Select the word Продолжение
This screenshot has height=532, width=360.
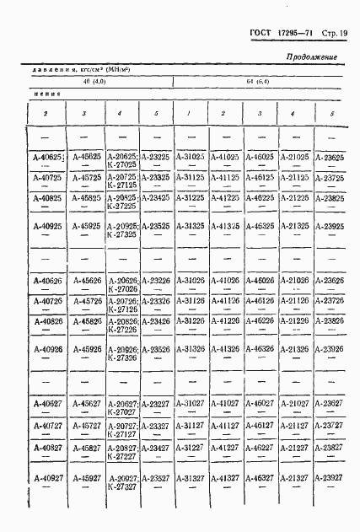tap(312, 56)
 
